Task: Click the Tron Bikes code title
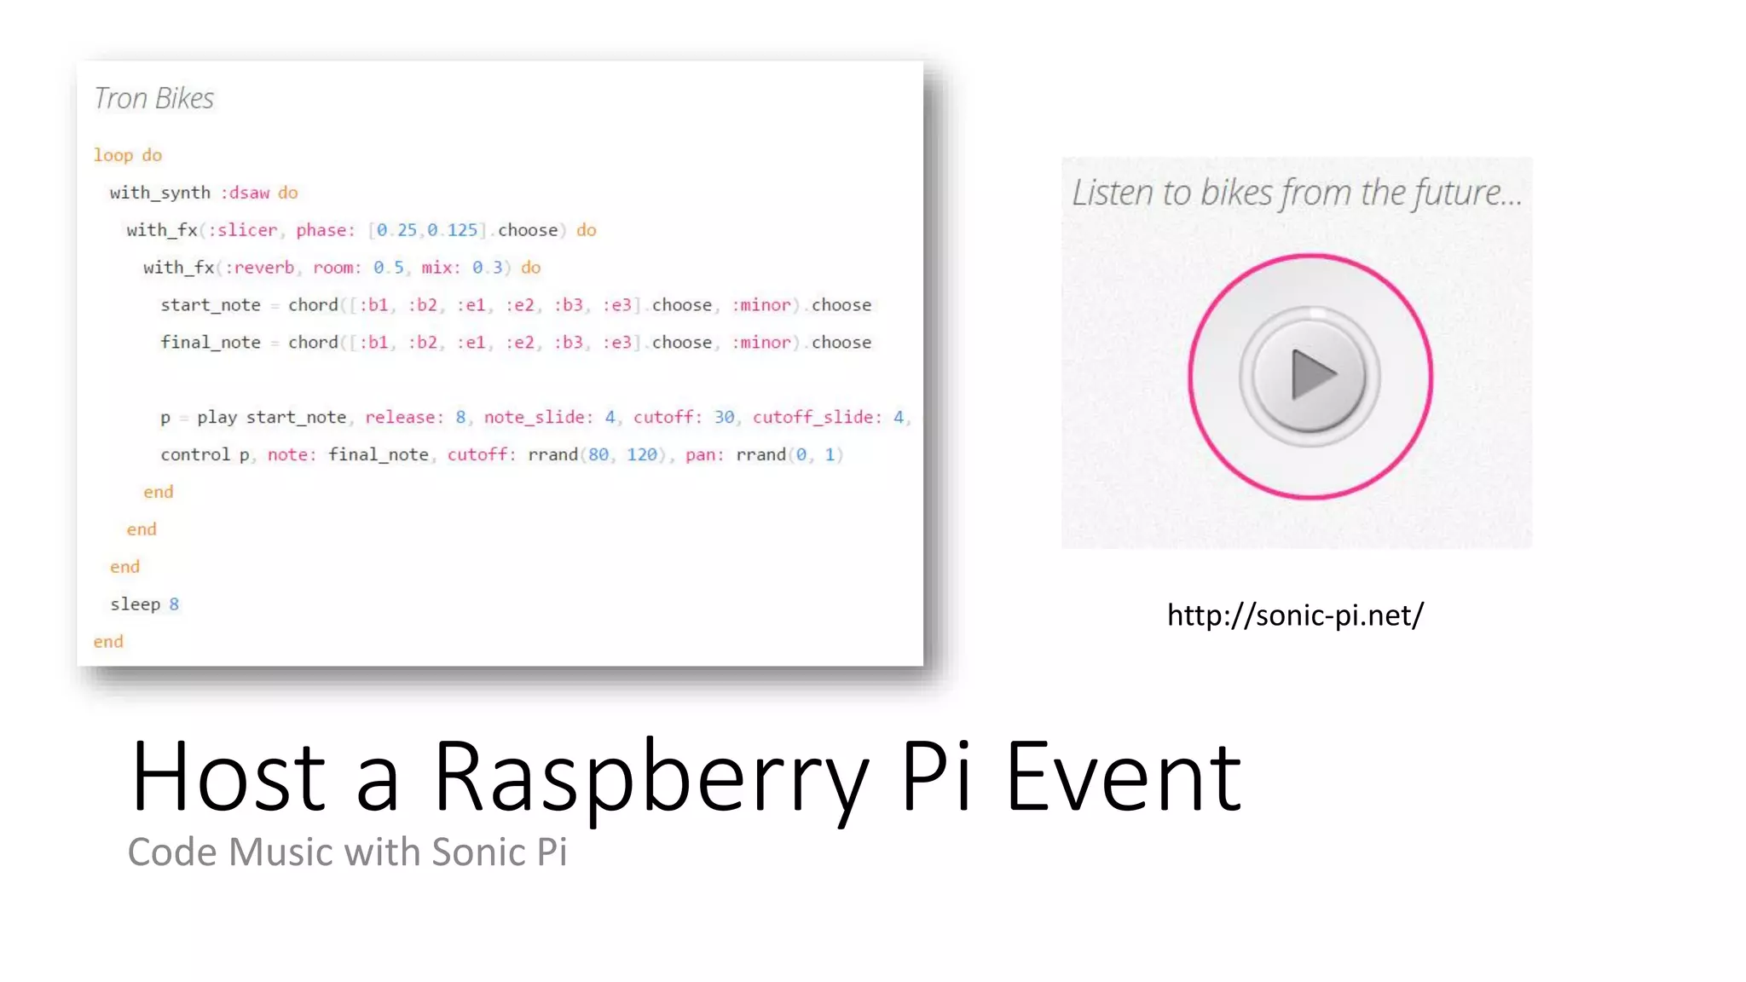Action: [x=153, y=99]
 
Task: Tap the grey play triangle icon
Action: [x=1311, y=375]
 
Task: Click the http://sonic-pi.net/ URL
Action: [x=1294, y=615]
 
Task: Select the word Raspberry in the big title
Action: [x=650, y=777]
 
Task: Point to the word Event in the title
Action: [x=1123, y=777]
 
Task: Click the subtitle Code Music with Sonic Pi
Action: [x=347, y=852]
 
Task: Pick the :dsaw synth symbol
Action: [x=246, y=193]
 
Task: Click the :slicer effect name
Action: [x=243, y=230]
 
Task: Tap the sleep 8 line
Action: [x=144, y=604]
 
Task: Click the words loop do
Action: [x=128, y=155]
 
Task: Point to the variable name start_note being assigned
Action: [x=211, y=305]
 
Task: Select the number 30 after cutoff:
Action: [x=724, y=418]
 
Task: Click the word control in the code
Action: [x=195, y=455]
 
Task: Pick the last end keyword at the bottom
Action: [x=108, y=642]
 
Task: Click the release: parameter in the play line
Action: [x=404, y=418]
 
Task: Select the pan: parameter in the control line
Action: [x=704, y=455]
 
